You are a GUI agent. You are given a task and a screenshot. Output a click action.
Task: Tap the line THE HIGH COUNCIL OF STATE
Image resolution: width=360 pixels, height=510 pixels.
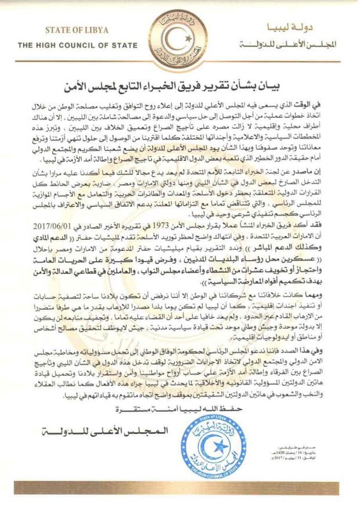pos(77,45)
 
